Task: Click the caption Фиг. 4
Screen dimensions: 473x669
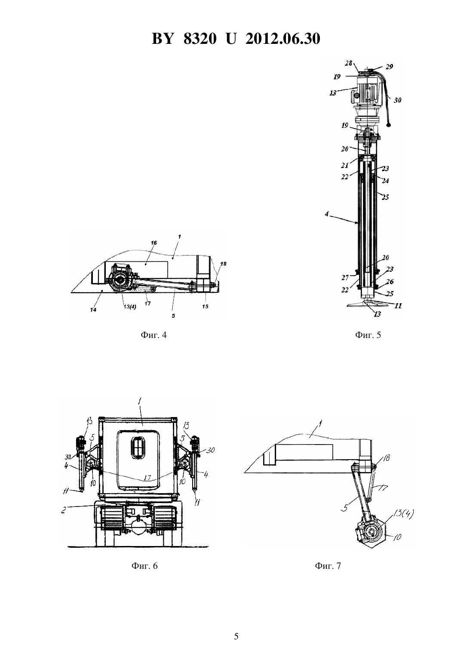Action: click(x=154, y=335)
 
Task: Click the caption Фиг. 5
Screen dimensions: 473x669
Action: click(x=368, y=335)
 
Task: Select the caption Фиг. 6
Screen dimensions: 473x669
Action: click(x=144, y=566)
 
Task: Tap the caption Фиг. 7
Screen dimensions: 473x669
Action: click(x=328, y=566)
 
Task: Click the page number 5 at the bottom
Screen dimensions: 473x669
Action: click(x=236, y=636)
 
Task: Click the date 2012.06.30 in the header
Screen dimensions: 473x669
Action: click(x=283, y=39)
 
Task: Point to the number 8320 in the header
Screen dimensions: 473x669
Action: click(x=200, y=39)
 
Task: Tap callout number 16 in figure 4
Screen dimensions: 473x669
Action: click(x=154, y=243)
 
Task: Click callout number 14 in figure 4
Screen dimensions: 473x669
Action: click(x=93, y=310)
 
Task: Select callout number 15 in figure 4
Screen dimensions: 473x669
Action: click(x=205, y=307)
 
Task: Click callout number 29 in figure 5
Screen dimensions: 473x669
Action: click(x=389, y=67)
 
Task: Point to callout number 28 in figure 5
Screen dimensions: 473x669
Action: click(x=348, y=63)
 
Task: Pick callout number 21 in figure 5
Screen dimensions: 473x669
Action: click(x=345, y=165)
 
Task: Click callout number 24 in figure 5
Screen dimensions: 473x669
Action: click(x=385, y=181)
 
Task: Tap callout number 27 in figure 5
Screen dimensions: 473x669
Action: click(x=345, y=278)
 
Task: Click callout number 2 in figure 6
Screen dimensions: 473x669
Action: click(x=63, y=510)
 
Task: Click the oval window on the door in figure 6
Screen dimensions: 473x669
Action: click(x=138, y=446)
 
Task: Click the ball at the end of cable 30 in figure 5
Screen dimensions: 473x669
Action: click(x=389, y=124)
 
